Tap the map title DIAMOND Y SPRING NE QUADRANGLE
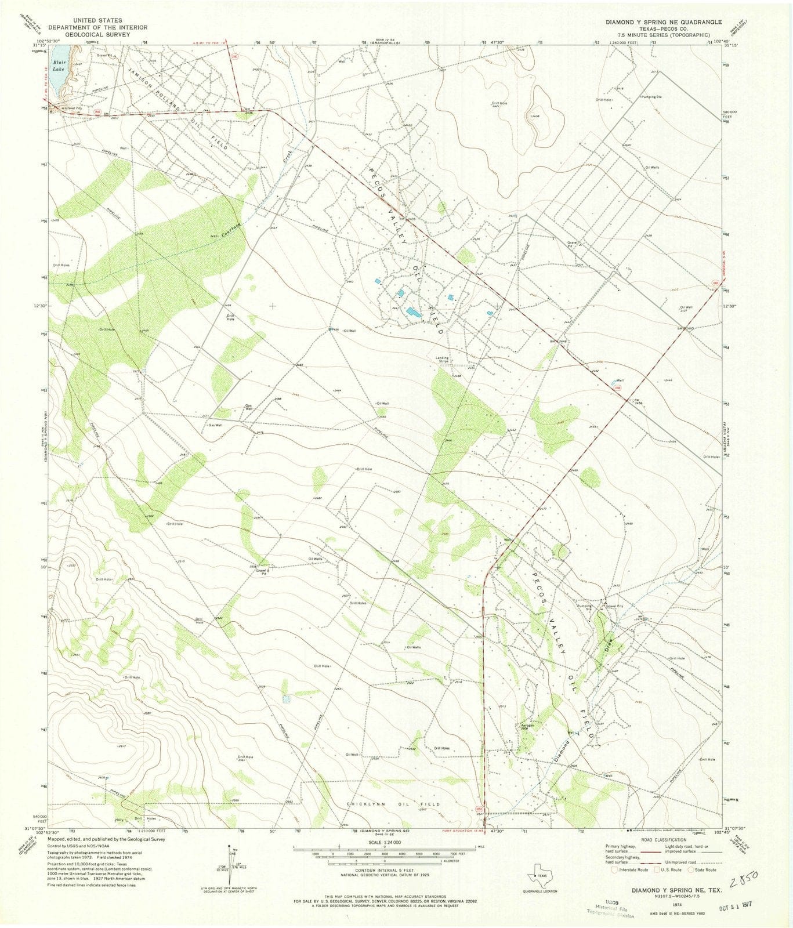(656, 22)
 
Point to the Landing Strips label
(443, 360)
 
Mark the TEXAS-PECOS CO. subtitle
(656, 28)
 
